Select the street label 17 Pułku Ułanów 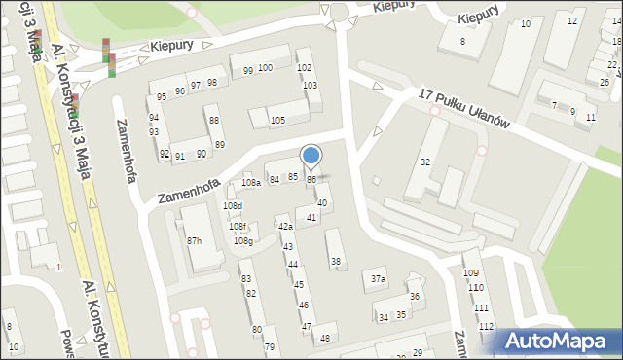(x=464, y=106)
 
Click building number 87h (x=195, y=240)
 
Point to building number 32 (x=425, y=162)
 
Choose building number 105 (x=277, y=120)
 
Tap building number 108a (x=251, y=182)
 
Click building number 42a (x=285, y=226)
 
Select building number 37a (x=378, y=279)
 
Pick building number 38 (x=336, y=261)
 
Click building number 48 (x=325, y=338)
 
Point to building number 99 (x=248, y=70)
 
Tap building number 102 (x=304, y=67)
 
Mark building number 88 (x=214, y=120)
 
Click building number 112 (x=486, y=326)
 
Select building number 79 (x=270, y=346)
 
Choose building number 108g (x=242, y=240)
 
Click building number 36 (x=414, y=297)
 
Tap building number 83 (x=246, y=278)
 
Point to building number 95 (x=162, y=97)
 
